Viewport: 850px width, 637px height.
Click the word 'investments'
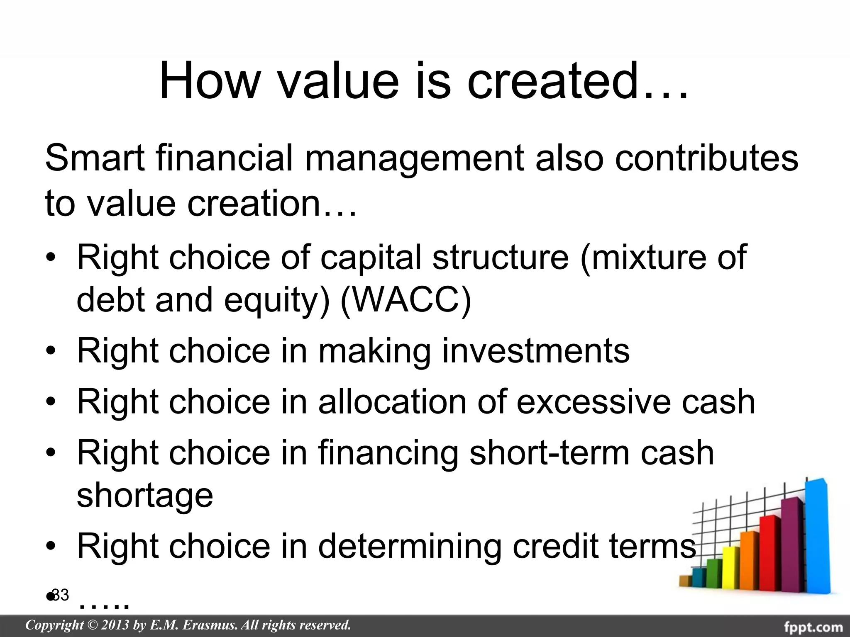point(535,351)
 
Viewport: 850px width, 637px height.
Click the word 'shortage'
point(145,496)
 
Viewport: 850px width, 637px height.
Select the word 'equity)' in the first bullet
point(277,300)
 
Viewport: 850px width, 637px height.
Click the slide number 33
point(61,595)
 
